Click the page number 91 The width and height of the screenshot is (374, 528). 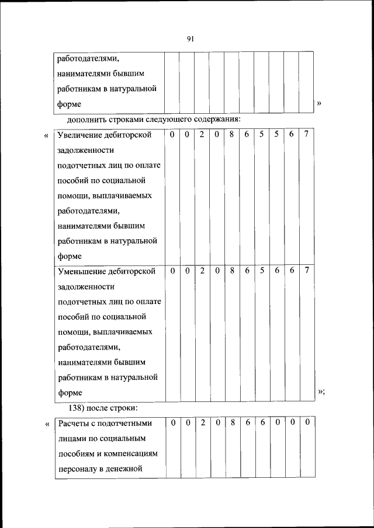pos(190,39)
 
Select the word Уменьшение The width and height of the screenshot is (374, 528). pos(81,271)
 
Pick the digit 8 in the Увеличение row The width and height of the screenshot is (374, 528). pos(232,134)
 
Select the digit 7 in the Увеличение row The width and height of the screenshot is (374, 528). pos(307,134)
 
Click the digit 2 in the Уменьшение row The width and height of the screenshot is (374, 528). pos(202,271)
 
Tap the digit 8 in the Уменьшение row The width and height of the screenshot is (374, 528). pos(232,271)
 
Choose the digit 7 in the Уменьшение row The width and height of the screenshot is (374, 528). pos(307,271)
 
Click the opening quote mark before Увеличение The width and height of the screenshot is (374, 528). pos(46,136)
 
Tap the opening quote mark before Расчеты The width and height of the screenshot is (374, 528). pos(46,424)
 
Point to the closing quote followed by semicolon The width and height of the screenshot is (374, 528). pos(320,391)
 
